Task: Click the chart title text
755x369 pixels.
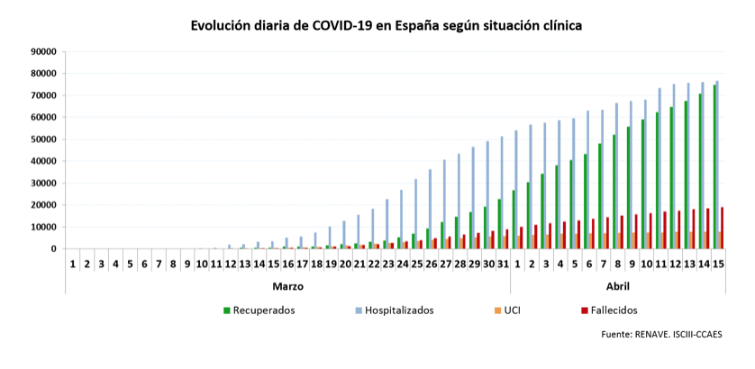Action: point(386,25)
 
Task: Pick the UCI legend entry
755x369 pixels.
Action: point(511,310)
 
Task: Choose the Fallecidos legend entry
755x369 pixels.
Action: point(608,310)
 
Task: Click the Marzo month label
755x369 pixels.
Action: point(288,286)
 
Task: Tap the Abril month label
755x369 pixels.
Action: point(618,286)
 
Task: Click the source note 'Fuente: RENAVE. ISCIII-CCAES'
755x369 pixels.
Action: point(661,335)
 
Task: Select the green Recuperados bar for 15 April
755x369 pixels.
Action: point(714,166)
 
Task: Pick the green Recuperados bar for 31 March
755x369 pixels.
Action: point(499,224)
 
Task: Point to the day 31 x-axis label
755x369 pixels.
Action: point(503,264)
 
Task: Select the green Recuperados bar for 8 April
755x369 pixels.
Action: point(614,192)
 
